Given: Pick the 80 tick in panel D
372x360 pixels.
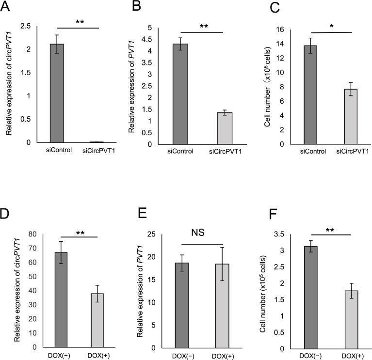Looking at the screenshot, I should point(32,234).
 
